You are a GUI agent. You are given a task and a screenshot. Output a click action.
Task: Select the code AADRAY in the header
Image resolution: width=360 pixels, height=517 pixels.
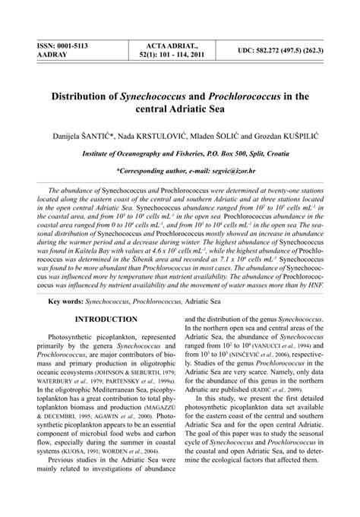(43, 55)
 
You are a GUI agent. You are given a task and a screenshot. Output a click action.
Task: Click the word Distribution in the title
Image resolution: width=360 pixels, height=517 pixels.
(81, 98)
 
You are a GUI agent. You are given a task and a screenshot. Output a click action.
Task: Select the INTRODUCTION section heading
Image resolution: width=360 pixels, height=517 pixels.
(106, 299)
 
